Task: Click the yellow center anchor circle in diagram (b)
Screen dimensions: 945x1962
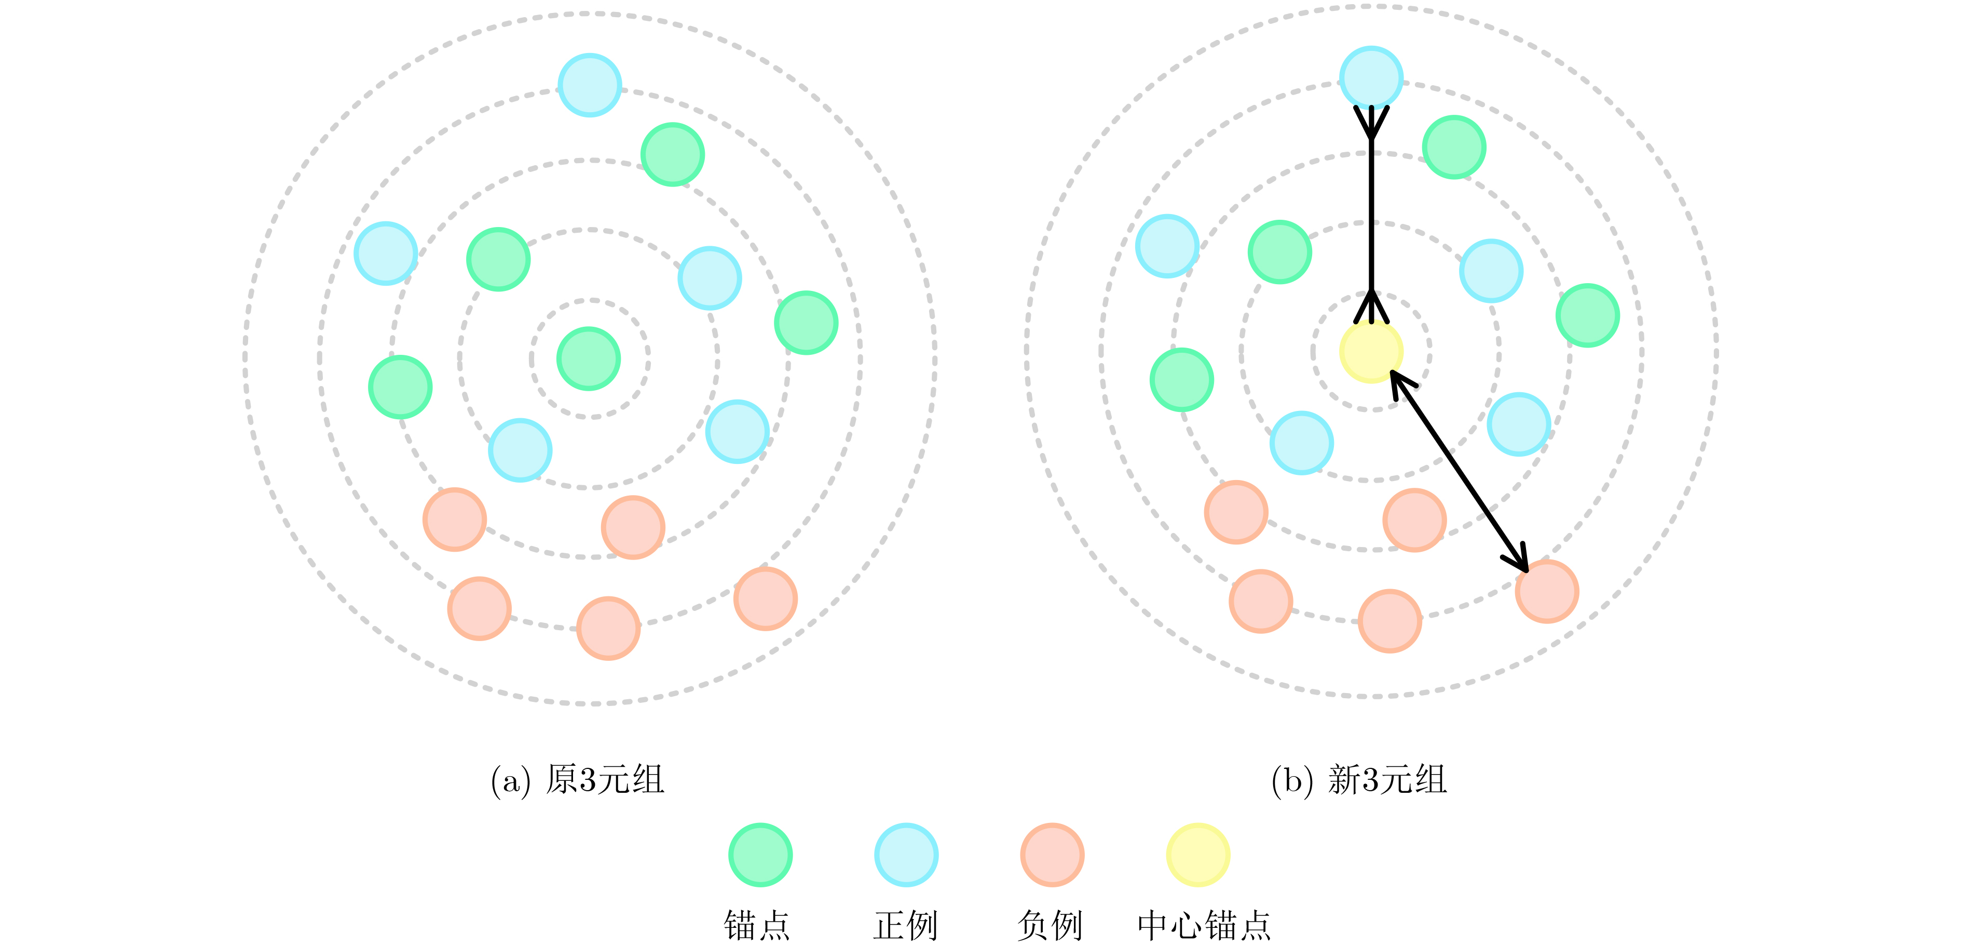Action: tap(1371, 351)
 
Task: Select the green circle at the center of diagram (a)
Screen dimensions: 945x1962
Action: tap(589, 359)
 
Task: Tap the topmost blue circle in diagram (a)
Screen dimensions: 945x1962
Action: tap(590, 85)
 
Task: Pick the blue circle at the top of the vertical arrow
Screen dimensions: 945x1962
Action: tap(1371, 78)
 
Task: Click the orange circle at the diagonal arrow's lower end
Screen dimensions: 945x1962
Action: tap(1547, 591)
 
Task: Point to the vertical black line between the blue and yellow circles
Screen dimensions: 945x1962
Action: tap(1371, 214)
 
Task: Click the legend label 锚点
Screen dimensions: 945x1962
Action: tap(757, 925)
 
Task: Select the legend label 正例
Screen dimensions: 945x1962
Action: tap(906, 925)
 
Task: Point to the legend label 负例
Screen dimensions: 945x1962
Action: tap(1051, 925)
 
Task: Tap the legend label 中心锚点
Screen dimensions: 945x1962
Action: tap(1204, 925)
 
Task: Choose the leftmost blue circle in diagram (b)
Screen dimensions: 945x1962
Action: tap(1167, 246)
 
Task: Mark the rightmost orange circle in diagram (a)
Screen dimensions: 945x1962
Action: tap(766, 598)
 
